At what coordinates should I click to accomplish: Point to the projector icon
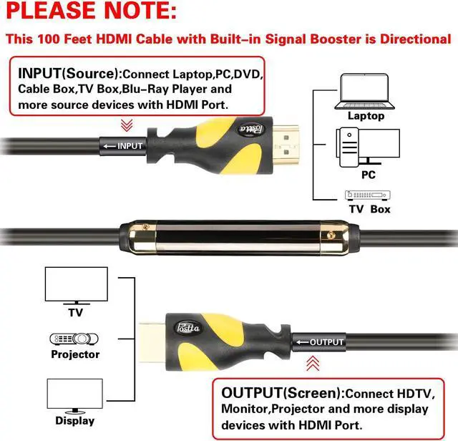pos(74,339)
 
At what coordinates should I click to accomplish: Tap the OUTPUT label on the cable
pos(327,342)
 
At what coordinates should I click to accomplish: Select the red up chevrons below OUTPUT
pos(312,364)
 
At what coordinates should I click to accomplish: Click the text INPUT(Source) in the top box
pos(68,74)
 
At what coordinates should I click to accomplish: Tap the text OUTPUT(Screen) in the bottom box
pos(282,392)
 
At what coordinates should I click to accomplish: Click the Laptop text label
pos(366,115)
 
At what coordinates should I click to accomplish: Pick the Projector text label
pos(75,354)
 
